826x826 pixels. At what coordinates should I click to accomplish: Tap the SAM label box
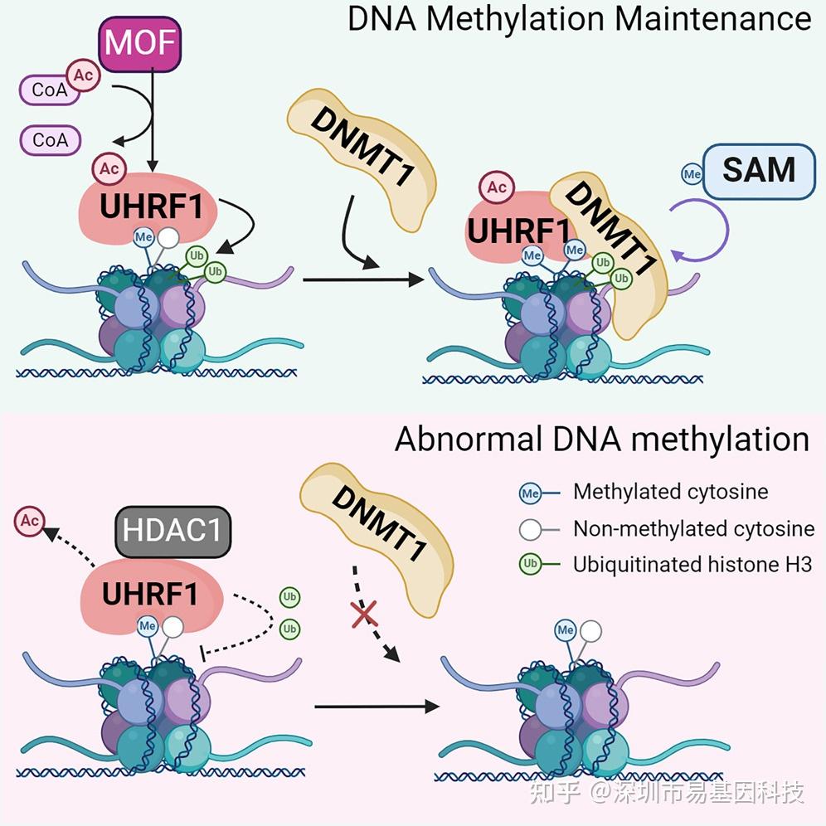point(759,170)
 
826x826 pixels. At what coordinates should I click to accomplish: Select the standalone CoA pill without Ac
point(51,140)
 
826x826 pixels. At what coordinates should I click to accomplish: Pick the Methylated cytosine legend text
point(670,492)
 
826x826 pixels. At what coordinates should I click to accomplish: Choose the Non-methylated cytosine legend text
point(693,528)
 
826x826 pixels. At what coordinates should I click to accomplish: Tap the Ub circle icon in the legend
point(530,565)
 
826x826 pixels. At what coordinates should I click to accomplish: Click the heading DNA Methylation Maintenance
point(579,20)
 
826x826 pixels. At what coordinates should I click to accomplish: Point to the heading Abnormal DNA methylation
point(601,439)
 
